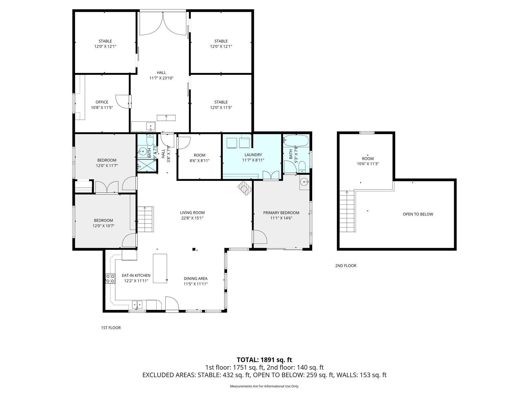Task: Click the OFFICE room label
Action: coord(102,102)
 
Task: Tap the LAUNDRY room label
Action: coord(253,155)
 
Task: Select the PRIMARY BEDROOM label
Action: coord(281,213)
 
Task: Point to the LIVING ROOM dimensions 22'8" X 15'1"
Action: coord(192,218)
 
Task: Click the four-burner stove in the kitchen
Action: coord(110,279)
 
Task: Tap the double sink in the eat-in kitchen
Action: coord(137,305)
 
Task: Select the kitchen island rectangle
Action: coord(160,268)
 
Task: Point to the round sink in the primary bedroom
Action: coord(304,182)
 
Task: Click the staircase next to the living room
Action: coord(145,219)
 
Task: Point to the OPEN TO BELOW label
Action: coord(418,214)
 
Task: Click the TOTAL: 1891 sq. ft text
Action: coord(264,360)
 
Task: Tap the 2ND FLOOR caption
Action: coord(346,266)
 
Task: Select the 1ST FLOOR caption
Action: coord(111,328)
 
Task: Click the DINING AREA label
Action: coord(196,279)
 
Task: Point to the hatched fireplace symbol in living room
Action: coord(245,188)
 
